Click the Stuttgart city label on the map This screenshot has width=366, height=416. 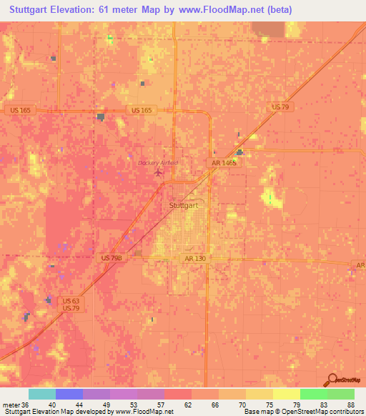tap(184, 205)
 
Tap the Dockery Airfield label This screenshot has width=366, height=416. tap(157, 163)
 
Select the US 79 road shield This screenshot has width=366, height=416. tap(280, 107)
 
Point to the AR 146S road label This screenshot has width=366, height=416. tap(223, 163)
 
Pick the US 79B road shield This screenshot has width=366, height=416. tap(107, 257)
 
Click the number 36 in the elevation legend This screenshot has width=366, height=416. tap(26, 405)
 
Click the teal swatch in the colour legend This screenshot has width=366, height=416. tap(41, 394)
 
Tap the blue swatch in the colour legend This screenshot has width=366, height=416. tap(69, 394)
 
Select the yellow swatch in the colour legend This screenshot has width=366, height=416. tap(286, 394)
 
